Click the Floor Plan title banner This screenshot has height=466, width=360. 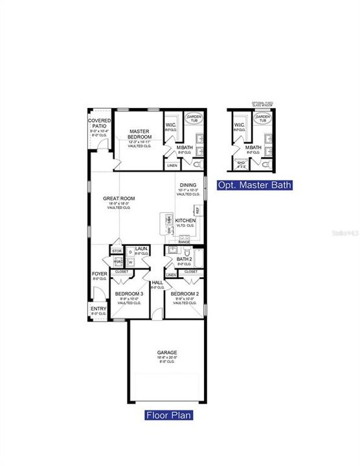pyautogui.click(x=168, y=415)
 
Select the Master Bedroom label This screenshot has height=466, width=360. pyautogui.click(x=140, y=134)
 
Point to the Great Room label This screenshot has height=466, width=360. pyautogui.click(x=118, y=199)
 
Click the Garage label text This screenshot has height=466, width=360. pyautogui.click(x=166, y=352)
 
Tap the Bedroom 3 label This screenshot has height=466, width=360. pyautogui.click(x=129, y=294)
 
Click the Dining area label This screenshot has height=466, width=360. pyautogui.click(x=188, y=184)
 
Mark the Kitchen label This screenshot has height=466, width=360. pyautogui.click(x=185, y=221)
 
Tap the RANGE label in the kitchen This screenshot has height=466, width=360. pyautogui.click(x=185, y=241)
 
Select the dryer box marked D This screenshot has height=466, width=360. pyautogui.click(x=131, y=251)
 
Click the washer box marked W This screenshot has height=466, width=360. pyautogui.click(x=131, y=262)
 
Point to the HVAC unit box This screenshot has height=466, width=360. pyautogui.click(x=118, y=262)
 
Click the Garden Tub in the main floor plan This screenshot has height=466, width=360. pyautogui.click(x=194, y=118)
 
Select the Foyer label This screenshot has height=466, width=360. pyautogui.click(x=99, y=274)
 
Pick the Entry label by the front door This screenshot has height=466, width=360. pyautogui.click(x=98, y=309)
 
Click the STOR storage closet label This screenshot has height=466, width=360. pyautogui.click(x=117, y=250)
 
